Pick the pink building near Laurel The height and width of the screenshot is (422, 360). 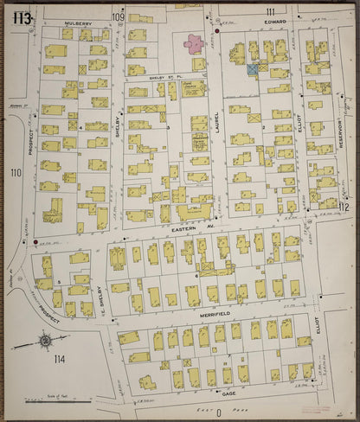(x=191, y=42)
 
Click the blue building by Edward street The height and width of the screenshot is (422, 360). (x=253, y=68)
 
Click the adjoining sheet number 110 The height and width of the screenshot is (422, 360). (x=15, y=173)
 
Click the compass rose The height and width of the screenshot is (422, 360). (x=43, y=341)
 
